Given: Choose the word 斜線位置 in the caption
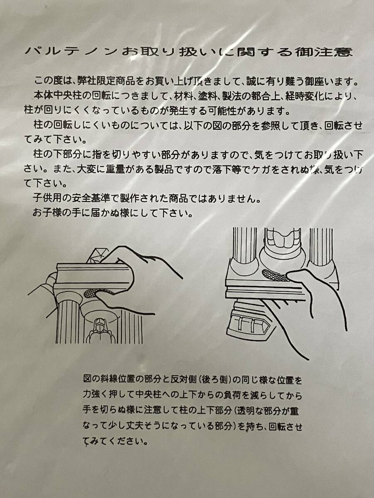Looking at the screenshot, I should pos(117,380).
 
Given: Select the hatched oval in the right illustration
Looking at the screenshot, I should pos(275,274).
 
